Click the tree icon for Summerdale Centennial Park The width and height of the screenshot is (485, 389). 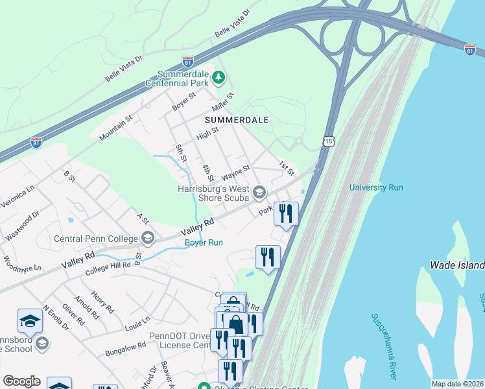coord(219,78)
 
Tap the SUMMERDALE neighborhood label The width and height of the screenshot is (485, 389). coord(236,121)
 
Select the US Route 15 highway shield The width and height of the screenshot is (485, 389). coord(329,141)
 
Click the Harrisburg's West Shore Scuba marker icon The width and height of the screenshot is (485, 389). coord(259,191)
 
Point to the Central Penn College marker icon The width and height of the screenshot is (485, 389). coord(147,238)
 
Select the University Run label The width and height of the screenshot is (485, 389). coord(376,187)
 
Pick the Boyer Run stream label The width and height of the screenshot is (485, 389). coord(204,243)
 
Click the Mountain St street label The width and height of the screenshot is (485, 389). coord(115,128)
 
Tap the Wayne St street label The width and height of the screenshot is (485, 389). coord(235,172)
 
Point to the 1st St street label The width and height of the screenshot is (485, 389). coord(287,167)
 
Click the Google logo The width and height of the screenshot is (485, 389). coord(21,381)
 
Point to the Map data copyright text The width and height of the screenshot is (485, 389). coord(457,384)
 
